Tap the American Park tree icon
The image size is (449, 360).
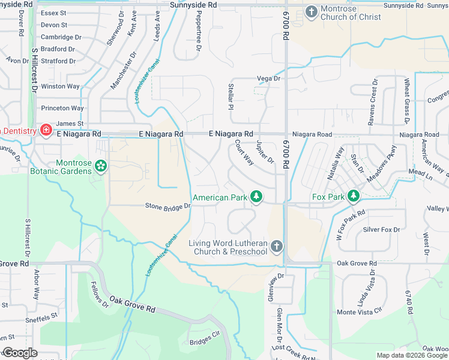(x=256, y=196)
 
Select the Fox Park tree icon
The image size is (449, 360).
(x=354, y=196)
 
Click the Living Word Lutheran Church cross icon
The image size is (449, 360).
(x=276, y=245)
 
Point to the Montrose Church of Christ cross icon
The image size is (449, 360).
(x=311, y=11)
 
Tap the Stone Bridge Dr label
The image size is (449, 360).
(x=168, y=206)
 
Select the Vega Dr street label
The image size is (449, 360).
(x=268, y=79)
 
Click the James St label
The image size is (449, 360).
(x=69, y=124)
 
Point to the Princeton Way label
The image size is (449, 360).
(x=62, y=109)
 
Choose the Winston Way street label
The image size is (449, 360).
(x=60, y=86)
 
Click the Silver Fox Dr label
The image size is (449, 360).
(x=381, y=229)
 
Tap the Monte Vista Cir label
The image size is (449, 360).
(x=359, y=311)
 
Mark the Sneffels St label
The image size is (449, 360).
(x=41, y=314)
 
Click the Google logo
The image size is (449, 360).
(x=19, y=353)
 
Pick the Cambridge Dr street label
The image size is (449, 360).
(x=61, y=37)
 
